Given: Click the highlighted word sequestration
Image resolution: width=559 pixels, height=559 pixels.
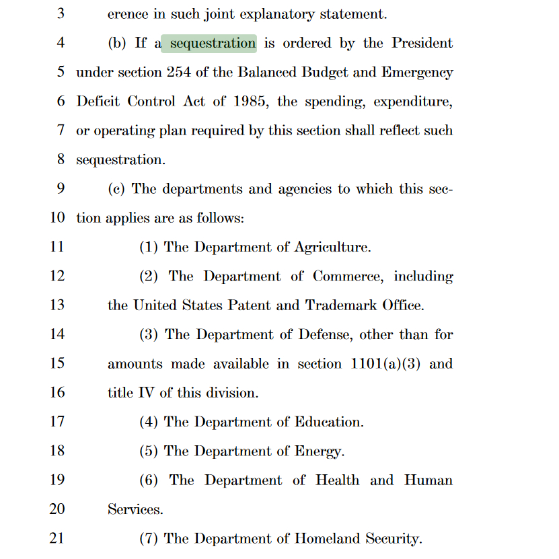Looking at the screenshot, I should [x=213, y=44].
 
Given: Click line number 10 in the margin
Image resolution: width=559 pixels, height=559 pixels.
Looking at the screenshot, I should [x=57, y=218].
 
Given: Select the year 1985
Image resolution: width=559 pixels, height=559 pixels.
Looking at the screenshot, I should [x=250, y=102].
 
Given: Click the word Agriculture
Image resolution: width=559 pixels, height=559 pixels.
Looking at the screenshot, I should [x=332, y=248].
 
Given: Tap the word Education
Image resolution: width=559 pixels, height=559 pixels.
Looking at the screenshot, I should [x=329, y=422].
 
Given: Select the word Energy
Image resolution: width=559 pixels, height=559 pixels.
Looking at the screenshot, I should [x=320, y=451].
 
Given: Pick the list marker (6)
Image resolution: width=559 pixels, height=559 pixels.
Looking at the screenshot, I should [x=149, y=480].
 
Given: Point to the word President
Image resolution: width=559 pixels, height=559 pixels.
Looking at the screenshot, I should [x=422, y=44].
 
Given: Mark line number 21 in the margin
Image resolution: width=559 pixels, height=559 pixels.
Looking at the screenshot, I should [x=57, y=538].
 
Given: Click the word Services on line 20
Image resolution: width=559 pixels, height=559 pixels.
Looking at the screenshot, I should [x=135, y=509].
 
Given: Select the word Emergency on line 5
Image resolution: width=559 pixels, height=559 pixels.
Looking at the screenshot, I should [x=417, y=73].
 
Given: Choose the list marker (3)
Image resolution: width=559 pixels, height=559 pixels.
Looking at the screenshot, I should [x=149, y=335].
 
